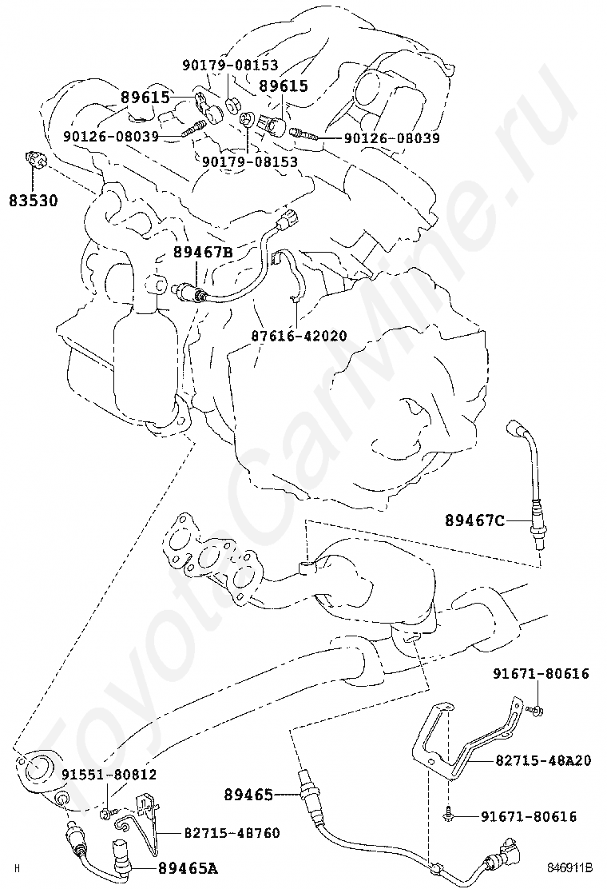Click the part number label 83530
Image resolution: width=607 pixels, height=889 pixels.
(x=34, y=199)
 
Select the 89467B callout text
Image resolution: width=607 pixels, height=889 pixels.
(x=203, y=253)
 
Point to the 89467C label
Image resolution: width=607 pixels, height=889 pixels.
(x=475, y=522)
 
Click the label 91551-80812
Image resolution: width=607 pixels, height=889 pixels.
(x=109, y=775)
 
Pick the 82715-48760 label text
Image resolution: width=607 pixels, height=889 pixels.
(x=232, y=833)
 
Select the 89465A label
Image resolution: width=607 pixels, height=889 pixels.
(x=188, y=867)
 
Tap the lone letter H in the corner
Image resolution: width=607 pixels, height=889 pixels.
(x=17, y=867)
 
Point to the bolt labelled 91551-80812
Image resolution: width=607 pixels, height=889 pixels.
(x=105, y=814)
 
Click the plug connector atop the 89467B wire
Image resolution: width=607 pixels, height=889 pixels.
(x=288, y=217)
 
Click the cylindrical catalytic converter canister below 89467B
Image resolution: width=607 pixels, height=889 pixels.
(x=144, y=360)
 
